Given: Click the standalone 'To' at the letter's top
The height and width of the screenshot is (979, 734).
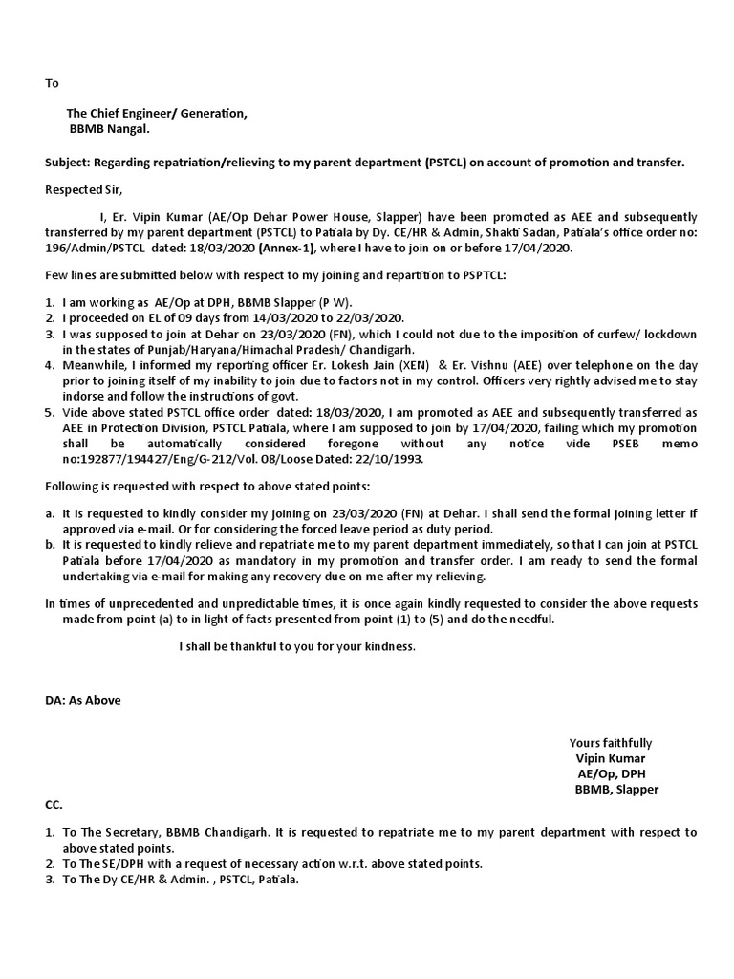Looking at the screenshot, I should [53, 83].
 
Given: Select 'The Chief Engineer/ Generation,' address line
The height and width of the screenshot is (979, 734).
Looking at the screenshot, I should [156, 114].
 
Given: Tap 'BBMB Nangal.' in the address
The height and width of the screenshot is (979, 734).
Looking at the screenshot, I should [108, 129].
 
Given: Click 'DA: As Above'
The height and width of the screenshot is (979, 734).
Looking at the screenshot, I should [83, 699].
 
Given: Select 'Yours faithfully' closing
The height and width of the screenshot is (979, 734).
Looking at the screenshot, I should [611, 743].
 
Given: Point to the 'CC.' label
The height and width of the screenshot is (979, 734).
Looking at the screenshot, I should [54, 805].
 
